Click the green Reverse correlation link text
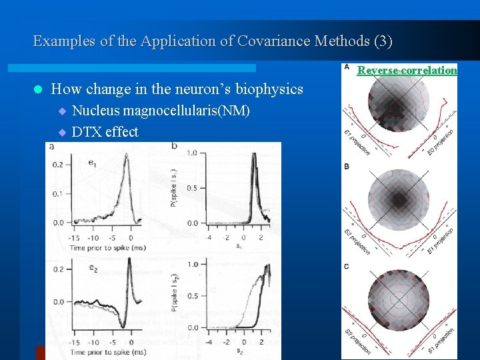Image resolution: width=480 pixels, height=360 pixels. coord(407,70)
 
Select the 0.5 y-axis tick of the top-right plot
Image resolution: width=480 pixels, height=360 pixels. coord(192,187)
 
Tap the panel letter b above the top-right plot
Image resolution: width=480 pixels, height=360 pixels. coord(174,145)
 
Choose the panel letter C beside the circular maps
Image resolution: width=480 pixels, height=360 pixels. coord(346,266)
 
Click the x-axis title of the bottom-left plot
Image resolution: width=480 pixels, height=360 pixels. coord(107,351)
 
